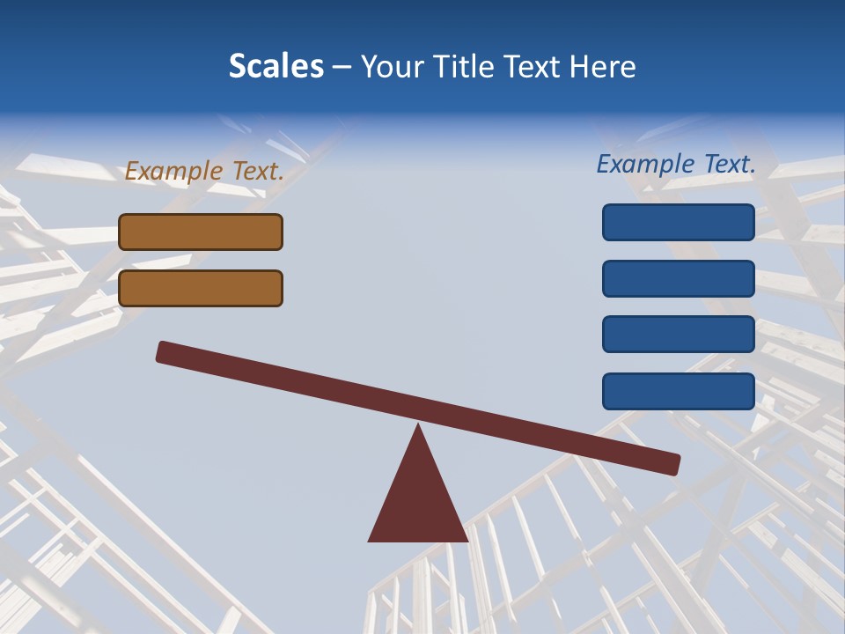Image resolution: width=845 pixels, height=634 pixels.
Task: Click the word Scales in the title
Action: (x=276, y=66)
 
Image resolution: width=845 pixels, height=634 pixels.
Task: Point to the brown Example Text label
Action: (x=204, y=171)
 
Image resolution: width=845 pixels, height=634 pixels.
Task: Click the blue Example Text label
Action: (x=676, y=164)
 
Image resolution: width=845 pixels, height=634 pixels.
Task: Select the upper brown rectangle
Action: (x=201, y=232)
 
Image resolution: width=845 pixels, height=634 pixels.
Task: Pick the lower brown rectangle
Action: (x=201, y=288)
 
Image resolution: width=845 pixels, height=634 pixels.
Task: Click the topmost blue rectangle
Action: (x=679, y=222)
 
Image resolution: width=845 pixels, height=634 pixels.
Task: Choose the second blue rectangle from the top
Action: (x=679, y=278)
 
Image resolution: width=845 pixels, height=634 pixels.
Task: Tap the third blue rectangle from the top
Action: (x=679, y=335)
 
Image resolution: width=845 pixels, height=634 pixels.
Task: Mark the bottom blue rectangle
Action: (x=679, y=391)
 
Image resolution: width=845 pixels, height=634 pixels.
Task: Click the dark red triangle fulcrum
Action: (x=418, y=502)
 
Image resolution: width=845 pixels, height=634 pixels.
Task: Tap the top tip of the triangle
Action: (x=418, y=427)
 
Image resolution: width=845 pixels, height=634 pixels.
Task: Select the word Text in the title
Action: (x=533, y=67)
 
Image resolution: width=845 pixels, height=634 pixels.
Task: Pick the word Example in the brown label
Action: (x=174, y=171)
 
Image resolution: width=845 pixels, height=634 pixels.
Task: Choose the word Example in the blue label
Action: (x=645, y=164)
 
